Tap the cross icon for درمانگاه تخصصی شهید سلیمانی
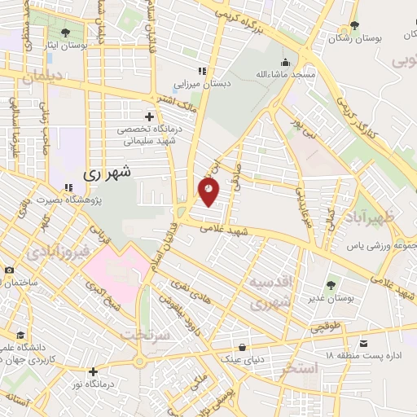coord(147,115)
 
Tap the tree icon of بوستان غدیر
coord(331,285)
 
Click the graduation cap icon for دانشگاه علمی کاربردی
coord(20,335)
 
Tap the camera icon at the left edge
coord(9,270)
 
